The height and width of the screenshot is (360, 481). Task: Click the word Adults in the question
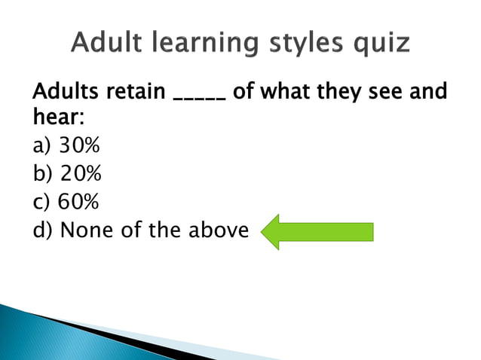65,94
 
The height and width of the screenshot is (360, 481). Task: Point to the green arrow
317,232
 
